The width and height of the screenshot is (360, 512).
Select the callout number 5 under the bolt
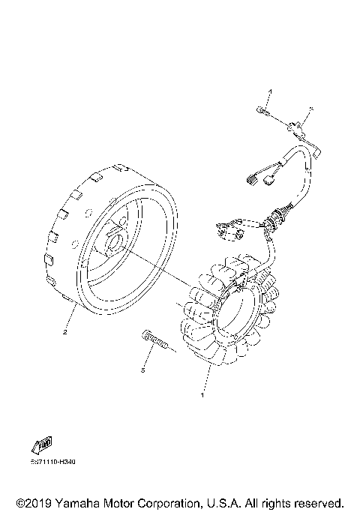(x=142, y=369)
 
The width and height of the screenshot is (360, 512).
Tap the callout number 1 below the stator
(x=200, y=394)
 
